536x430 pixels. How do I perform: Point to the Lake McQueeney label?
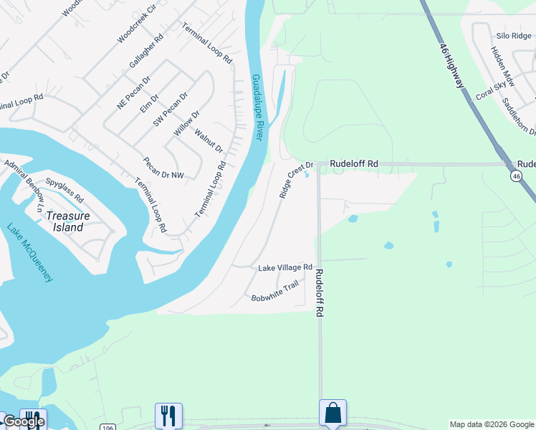[30, 253]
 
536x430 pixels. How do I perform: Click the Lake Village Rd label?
[285, 267]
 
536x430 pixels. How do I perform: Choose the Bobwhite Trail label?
[274, 292]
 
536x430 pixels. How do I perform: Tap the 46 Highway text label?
[451, 65]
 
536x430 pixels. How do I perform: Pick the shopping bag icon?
[332, 413]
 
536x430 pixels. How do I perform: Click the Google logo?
[23, 421]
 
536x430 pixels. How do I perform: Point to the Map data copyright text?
[492, 424]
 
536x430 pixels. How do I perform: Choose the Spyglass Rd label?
[64, 189]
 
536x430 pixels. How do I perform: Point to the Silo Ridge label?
[513, 35]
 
